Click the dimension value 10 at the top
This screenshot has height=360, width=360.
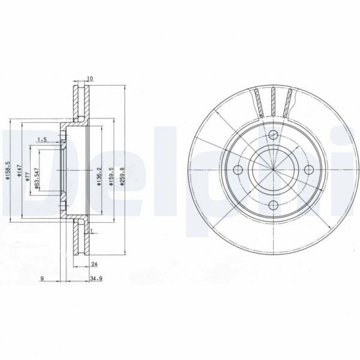pos(90,78)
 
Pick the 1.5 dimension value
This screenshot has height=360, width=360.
pos(42,140)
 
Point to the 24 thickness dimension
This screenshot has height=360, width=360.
pos(95,264)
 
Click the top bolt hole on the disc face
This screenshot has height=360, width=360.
pos(272,135)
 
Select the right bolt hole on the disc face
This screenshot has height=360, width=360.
pos(309,170)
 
